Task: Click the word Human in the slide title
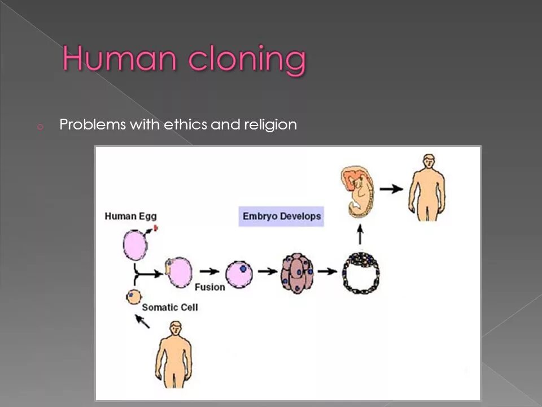pos(111,59)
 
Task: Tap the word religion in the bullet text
pos(268,125)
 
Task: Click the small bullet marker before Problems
pos(40,127)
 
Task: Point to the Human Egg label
pos(130,215)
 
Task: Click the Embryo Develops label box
pos(281,216)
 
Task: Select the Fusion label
pos(209,287)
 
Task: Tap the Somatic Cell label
pos(169,308)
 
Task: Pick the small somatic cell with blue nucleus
pos(133,296)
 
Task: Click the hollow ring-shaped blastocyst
pos(361,272)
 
